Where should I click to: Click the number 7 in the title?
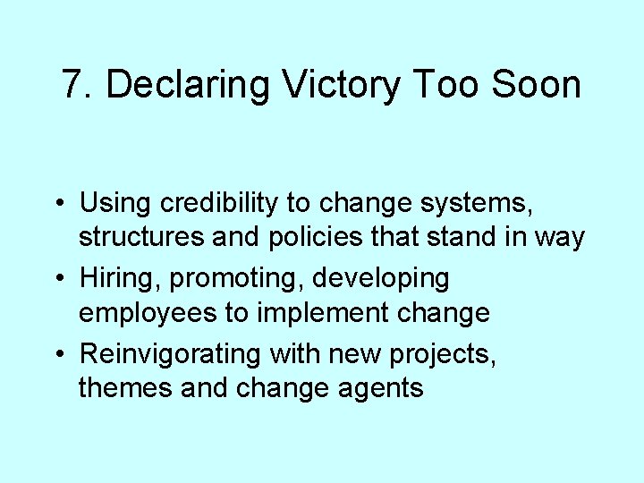pos(73,85)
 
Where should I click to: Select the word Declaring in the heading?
pos(187,85)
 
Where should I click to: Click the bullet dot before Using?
pos(57,203)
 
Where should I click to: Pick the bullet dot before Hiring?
pos(57,278)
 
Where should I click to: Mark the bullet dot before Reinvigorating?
pos(57,353)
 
